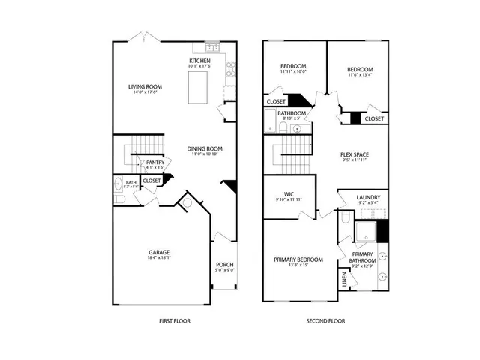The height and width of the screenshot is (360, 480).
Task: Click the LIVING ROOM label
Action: pos(145,86)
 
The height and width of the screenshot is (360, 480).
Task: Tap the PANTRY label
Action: pos(155,162)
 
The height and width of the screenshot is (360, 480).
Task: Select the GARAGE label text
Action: pos(158,252)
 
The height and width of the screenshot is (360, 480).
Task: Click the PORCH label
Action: pos(225,264)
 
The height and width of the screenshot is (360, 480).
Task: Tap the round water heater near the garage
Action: pos(187,202)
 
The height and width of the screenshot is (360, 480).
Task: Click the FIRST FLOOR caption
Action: pos(174,320)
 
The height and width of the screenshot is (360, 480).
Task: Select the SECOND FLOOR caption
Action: pos(325,320)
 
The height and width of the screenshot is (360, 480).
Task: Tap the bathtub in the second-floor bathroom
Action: pos(268,120)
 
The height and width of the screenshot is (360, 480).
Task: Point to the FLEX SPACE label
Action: pos(355,154)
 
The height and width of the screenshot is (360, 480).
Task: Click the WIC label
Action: pos(288,193)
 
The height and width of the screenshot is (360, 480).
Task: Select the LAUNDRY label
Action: pos(368,197)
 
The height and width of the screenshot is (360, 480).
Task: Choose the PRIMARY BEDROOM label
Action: pos(298,259)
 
